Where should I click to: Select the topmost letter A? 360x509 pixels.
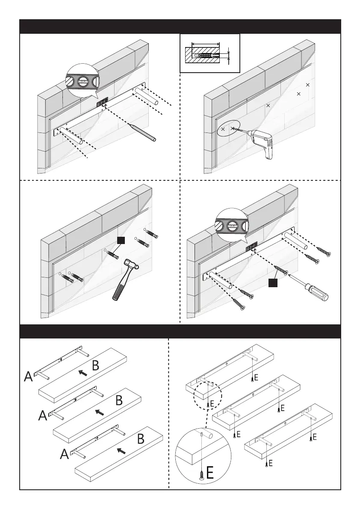tap(28, 377)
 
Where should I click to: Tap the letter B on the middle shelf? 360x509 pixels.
tap(120, 401)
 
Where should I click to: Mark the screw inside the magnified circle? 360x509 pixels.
tap(201, 474)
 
